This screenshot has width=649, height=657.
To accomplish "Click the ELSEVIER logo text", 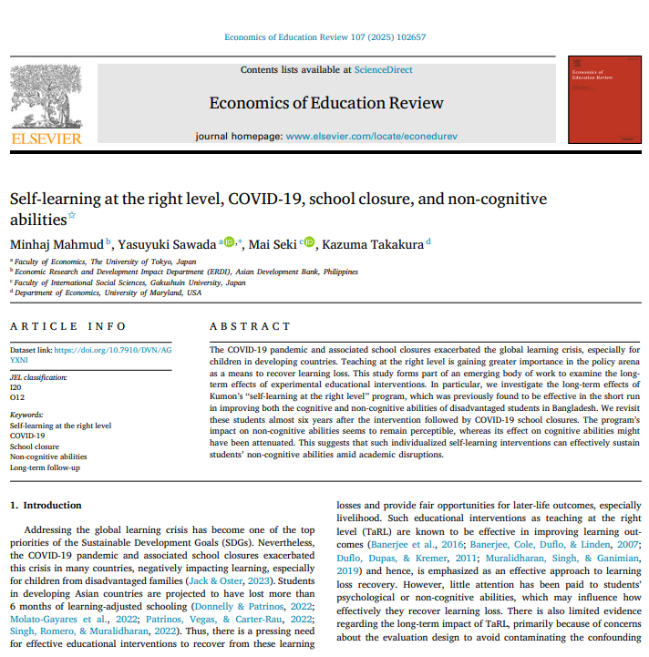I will pos(46,139).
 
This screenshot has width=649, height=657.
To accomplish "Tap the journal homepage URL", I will pos(371,136).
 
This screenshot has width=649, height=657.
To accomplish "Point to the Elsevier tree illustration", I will pos(45,96).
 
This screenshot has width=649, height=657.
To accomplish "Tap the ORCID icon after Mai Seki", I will pos(309,242).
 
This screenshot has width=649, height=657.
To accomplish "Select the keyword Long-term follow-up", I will pos(46,467).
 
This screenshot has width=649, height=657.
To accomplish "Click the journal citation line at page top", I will pos(324,37).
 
